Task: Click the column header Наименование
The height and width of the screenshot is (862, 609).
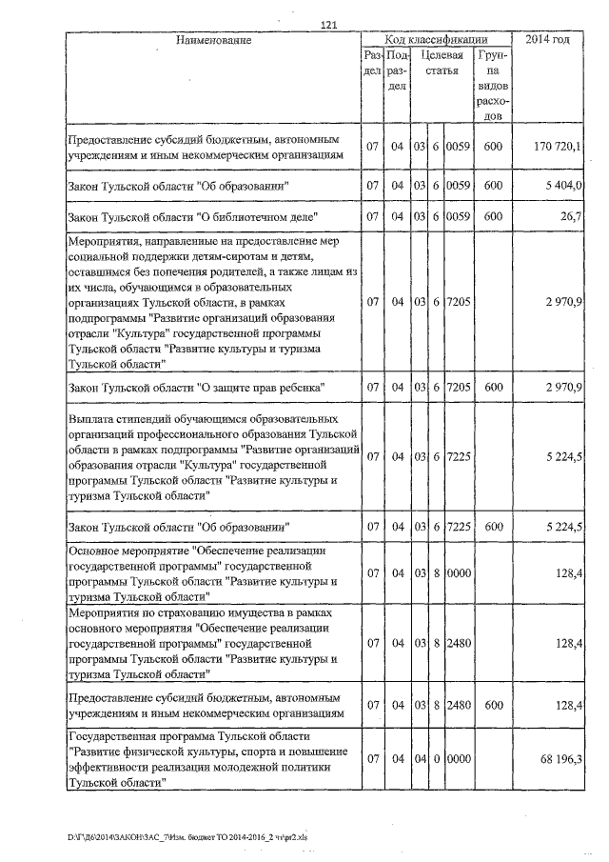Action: point(214,40)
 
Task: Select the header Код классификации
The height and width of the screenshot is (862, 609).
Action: point(436,40)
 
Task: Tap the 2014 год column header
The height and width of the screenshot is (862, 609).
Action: point(547,40)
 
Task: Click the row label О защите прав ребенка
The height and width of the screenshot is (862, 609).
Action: point(197,388)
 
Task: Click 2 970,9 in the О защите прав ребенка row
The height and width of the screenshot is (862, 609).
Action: point(565,388)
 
